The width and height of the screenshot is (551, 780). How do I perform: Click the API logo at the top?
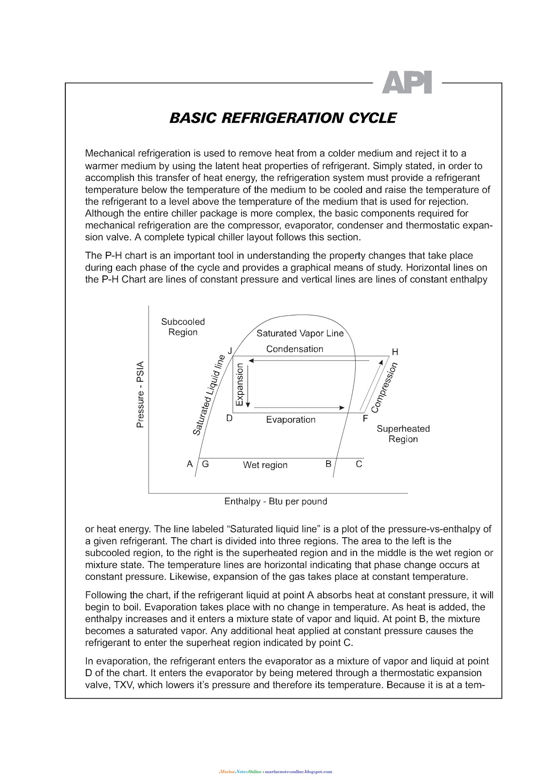(x=406, y=83)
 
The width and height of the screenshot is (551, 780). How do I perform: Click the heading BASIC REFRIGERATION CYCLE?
(x=283, y=118)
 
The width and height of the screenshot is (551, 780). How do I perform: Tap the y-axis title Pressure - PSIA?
(x=140, y=394)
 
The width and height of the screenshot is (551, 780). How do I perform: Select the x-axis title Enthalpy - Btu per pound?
(x=275, y=501)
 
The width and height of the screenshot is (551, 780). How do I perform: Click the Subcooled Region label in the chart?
(x=183, y=327)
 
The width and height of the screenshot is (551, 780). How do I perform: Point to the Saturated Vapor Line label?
(x=300, y=333)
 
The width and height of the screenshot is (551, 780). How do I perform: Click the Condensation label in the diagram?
(x=294, y=349)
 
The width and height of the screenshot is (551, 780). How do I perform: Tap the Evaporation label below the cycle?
(x=290, y=420)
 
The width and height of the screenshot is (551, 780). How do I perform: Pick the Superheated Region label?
(x=403, y=434)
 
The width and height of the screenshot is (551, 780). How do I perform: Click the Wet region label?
(x=265, y=465)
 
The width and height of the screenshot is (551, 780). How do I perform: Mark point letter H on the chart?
(x=395, y=352)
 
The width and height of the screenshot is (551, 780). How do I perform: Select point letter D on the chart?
(x=229, y=418)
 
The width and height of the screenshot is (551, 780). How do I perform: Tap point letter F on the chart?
(x=365, y=418)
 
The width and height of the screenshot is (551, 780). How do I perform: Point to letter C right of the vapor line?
(x=359, y=464)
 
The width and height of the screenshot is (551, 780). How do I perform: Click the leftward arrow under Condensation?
(x=312, y=361)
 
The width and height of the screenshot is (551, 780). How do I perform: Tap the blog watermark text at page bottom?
(x=275, y=772)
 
